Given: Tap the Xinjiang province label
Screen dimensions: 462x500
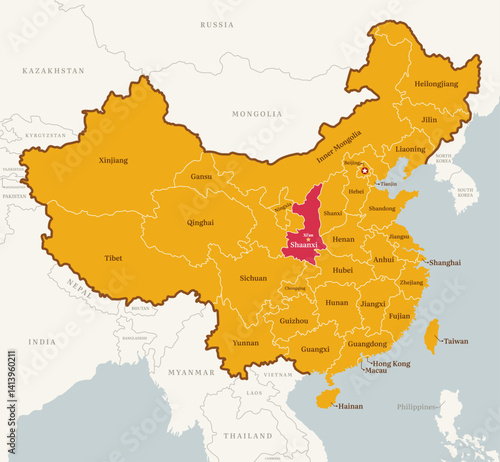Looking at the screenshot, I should pyautogui.click(x=113, y=160).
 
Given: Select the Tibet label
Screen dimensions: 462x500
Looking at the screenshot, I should pyautogui.click(x=114, y=258).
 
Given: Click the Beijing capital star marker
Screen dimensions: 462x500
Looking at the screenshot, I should pyautogui.click(x=364, y=171).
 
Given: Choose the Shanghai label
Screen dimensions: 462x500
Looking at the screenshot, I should pyautogui.click(x=444, y=262).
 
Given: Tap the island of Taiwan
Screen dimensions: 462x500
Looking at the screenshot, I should pyautogui.click(x=430, y=336).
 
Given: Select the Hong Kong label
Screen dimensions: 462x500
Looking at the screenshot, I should pyautogui.click(x=391, y=362).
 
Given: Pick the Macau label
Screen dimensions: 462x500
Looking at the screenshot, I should pyautogui.click(x=376, y=371).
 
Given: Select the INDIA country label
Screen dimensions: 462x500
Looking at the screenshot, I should pyautogui.click(x=42, y=342).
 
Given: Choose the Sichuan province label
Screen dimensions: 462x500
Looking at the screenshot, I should pyautogui.click(x=252, y=278).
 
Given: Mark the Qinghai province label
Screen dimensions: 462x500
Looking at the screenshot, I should pyautogui.click(x=200, y=222).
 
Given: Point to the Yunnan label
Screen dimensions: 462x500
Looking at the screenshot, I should pyautogui.click(x=244, y=343).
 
